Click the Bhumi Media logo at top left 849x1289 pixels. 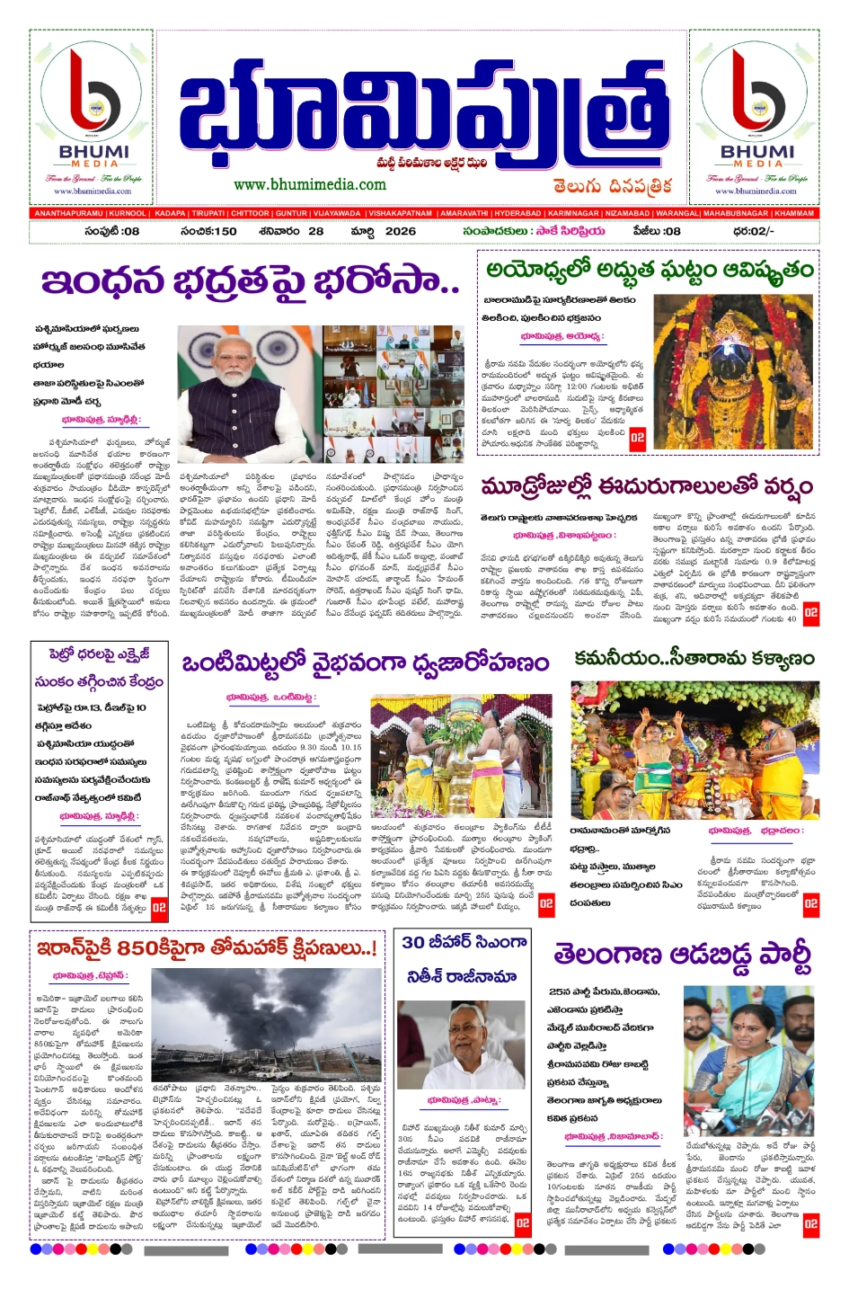[94, 117]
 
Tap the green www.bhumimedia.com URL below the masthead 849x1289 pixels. [310, 184]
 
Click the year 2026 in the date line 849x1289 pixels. [401, 231]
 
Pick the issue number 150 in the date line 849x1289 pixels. [219, 231]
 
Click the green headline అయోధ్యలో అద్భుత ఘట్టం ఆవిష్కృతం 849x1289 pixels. [650, 270]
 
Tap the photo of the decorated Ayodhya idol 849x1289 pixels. [733, 372]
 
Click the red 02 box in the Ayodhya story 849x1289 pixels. [637, 439]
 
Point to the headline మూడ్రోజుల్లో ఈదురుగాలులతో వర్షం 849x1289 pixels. [646, 487]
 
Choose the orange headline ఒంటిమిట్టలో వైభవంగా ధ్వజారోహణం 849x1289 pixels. [365, 664]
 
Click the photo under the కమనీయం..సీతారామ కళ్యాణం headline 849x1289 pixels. [694, 750]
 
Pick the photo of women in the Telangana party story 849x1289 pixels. [749, 1061]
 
